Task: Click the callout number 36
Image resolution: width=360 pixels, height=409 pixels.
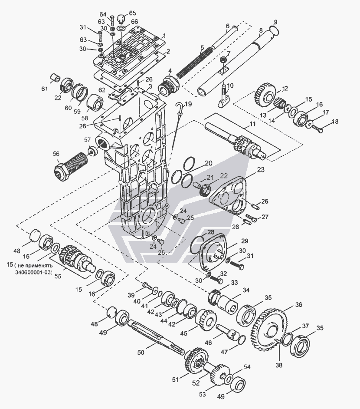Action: [x=298, y=305]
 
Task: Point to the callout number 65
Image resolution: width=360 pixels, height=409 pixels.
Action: [x=132, y=13]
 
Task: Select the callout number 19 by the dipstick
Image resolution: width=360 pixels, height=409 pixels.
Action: [x=188, y=104]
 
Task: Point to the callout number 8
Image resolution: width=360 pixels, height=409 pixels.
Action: [x=261, y=30]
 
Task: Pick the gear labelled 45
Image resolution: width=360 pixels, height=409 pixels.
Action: [x=207, y=320]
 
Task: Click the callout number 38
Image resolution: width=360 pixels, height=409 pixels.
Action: [x=278, y=365]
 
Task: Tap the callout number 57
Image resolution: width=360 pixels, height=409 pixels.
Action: [x=88, y=139]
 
